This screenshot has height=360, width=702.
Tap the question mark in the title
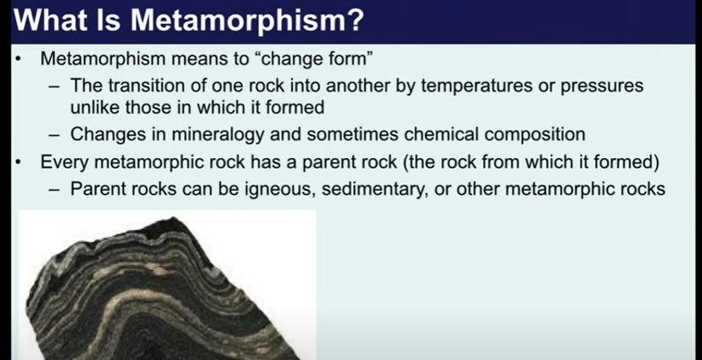pyautogui.click(x=355, y=20)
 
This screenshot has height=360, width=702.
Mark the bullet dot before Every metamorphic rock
pyautogui.click(x=18, y=162)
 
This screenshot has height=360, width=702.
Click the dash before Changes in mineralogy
pyautogui.click(x=54, y=135)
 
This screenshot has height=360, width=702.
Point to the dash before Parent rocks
pyautogui.click(x=54, y=190)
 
